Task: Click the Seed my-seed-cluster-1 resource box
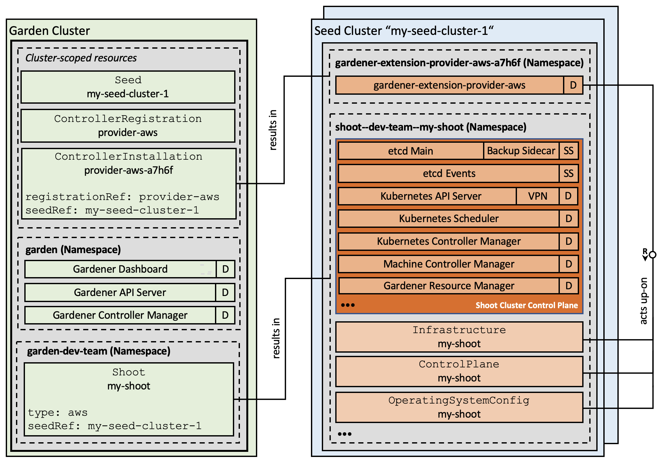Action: tap(128, 87)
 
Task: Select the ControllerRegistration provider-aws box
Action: tap(128, 126)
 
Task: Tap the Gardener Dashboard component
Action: tap(120, 269)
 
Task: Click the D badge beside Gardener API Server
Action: tap(225, 292)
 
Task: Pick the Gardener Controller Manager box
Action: tap(120, 315)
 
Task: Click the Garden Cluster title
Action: tap(50, 31)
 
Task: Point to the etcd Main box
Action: tap(410, 151)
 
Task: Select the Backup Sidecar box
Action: tap(521, 151)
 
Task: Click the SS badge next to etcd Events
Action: tap(568, 173)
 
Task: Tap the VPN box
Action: tap(537, 196)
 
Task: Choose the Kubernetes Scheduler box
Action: tap(449, 219)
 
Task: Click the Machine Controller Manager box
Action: tap(449, 264)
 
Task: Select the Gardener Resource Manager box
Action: tap(449, 286)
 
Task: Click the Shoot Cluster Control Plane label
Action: tap(527, 305)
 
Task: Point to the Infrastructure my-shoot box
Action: tap(459, 337)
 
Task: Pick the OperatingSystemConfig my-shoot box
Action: tap(459, 407)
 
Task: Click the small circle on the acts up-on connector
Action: tap(653, 255)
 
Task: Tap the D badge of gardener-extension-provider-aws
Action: tap(573, 85)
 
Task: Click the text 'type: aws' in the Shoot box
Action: tap(58, 412)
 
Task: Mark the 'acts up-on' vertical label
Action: tap(644, 301)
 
